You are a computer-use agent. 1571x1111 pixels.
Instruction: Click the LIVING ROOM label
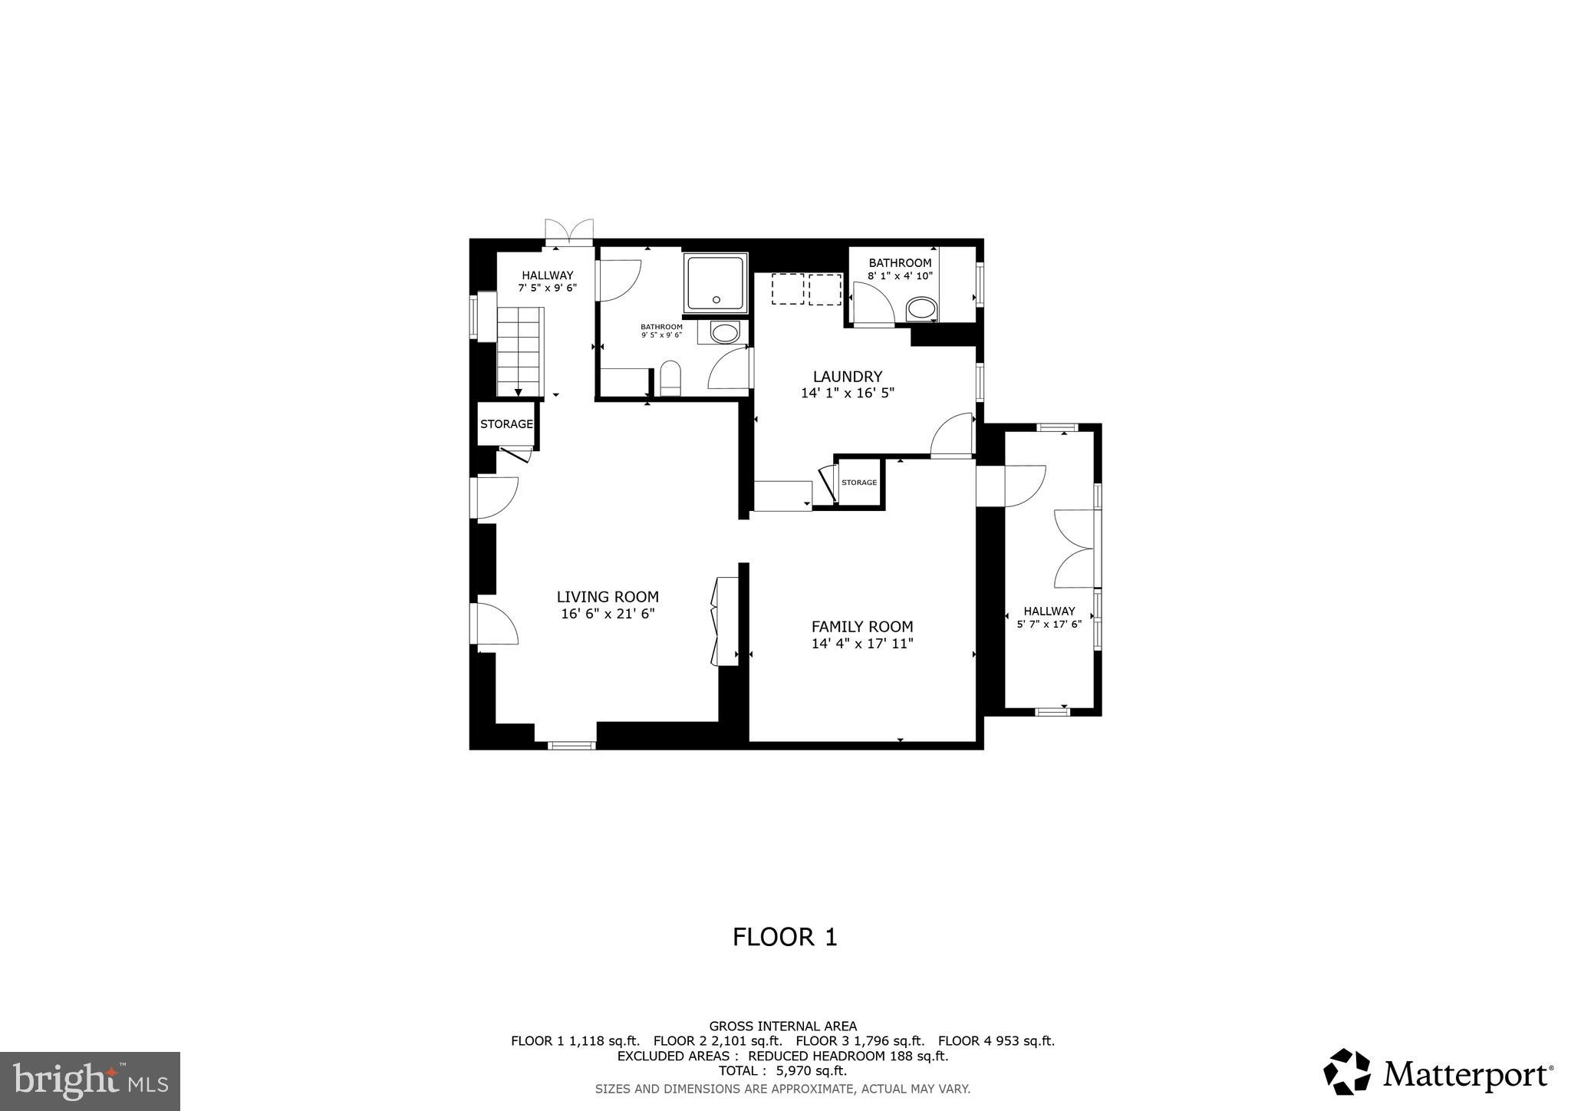point(607,597)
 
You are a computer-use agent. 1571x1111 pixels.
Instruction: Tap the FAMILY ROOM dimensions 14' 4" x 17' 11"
point(862,644)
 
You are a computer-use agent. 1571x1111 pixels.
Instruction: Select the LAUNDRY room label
point(848,377)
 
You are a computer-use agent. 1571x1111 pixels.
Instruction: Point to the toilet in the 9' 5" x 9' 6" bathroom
point(670,378)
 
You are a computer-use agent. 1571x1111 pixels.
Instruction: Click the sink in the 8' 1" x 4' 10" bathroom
point(921,310)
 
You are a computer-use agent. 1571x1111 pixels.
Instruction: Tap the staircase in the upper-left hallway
point(520,351)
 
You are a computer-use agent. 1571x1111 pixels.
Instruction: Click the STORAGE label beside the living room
point(506,424)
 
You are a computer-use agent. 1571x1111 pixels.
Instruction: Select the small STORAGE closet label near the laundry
point(858,483)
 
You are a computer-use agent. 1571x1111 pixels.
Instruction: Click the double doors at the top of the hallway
point(569,231)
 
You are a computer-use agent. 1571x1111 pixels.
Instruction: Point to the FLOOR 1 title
point(785,937)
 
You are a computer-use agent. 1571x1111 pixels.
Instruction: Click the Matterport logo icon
point(1346,1071)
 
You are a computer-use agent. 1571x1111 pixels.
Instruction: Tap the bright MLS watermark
point(90,1081)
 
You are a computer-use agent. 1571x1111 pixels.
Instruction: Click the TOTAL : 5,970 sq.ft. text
point(782,1070)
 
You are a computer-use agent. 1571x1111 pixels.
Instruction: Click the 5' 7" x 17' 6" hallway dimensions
point(1049,625)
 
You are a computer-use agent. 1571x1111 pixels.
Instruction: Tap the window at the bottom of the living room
point(571,744)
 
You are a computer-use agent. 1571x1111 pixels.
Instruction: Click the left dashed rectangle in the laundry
point(787,289)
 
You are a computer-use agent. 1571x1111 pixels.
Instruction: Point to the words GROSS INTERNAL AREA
point(782,1026)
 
